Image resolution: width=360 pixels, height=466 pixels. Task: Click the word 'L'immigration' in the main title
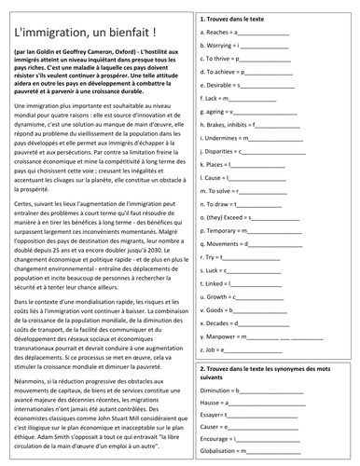click(x=44, y=33)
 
